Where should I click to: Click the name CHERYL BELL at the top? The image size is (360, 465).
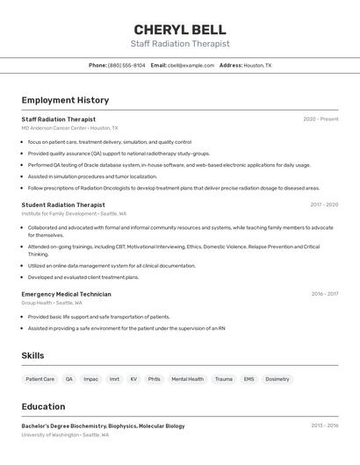(180, 30)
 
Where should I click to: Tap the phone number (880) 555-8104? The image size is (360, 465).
(126, 65)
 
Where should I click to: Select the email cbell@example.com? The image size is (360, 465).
(191, 65)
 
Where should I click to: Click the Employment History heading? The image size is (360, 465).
(65, 100)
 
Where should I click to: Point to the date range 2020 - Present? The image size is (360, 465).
(320, 119)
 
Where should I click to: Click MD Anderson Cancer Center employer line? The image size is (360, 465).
(69, 128)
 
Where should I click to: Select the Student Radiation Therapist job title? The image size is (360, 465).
(63, 204)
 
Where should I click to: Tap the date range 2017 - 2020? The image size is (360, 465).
(324, 204)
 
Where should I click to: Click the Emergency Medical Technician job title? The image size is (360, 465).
(66, 294)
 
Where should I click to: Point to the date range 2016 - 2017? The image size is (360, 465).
(324, 294)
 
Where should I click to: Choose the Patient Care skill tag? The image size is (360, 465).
(40, 379)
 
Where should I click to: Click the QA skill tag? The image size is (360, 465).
(69, 379)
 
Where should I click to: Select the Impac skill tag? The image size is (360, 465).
(91, 379)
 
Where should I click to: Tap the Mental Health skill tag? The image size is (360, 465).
(187, 379)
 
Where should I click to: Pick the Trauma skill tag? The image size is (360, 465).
(224, 379)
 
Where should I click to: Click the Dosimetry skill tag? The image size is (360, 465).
(277, 379)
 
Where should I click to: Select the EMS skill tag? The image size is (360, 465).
(248, 379)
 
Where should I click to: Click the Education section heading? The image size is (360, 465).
(43, 406)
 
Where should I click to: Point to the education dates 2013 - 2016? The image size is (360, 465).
(324, 426)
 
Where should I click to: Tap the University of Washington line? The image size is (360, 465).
(65, 435)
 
